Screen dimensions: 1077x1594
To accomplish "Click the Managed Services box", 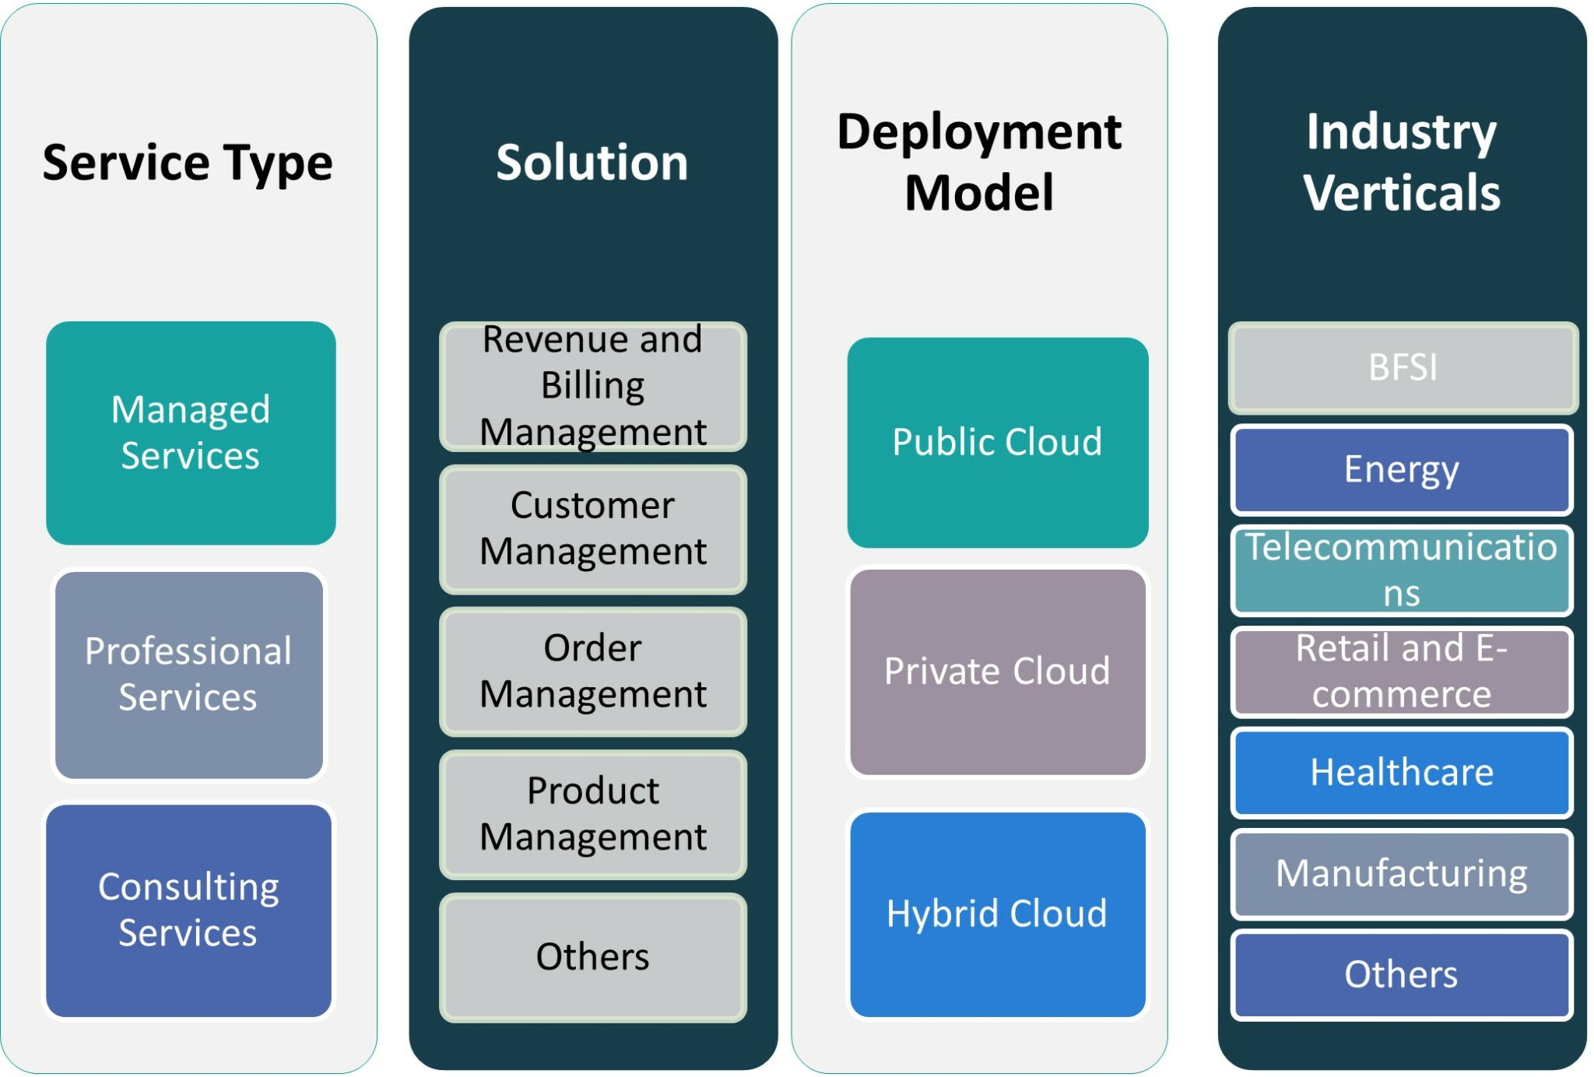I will coord(191,433).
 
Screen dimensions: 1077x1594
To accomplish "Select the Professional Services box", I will coord(189,675).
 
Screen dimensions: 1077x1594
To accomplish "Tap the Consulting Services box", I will coord(188,910).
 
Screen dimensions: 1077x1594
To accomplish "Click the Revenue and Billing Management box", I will coord(593,386).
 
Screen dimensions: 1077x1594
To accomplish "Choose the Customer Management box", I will coord(593,529).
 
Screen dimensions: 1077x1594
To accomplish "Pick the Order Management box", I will coord(593,672).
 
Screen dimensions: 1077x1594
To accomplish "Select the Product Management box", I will coord(593,814).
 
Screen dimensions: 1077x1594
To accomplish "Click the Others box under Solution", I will coord(593,957).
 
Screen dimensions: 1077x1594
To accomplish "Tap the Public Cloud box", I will coord(998,442).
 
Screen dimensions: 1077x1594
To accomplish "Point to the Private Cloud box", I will coord(998,672).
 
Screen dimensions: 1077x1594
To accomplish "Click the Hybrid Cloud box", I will coord(998,914).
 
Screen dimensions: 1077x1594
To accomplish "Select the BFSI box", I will coord(1403,368).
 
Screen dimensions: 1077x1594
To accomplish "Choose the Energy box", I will coord(1402,469).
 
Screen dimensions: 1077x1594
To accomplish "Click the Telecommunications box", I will coord(1402,570).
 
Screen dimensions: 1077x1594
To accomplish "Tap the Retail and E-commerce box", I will coord(1402,672).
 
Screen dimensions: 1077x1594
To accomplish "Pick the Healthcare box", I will coord(1402,773).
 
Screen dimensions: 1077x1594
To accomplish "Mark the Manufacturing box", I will coord(1402,874).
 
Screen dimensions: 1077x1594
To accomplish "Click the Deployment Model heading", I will coord(979,162).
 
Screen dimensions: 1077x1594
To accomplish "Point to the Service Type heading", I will coord(188,163).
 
